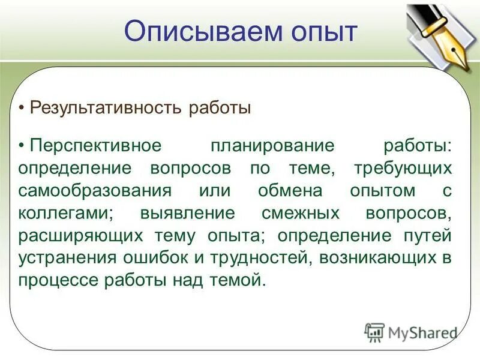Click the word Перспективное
pos(96,146)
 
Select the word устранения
pos(67,257)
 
